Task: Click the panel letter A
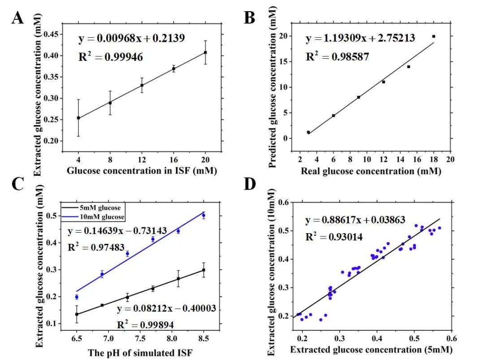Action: (x=17, y=18)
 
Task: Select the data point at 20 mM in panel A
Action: (x=205, y=52)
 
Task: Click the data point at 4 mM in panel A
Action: (x=78, y=118)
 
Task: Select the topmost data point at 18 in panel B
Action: (x=433, y=36)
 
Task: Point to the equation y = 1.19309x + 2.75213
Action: (x=360, y=38)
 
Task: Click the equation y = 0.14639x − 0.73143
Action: (x=117, y=231)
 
